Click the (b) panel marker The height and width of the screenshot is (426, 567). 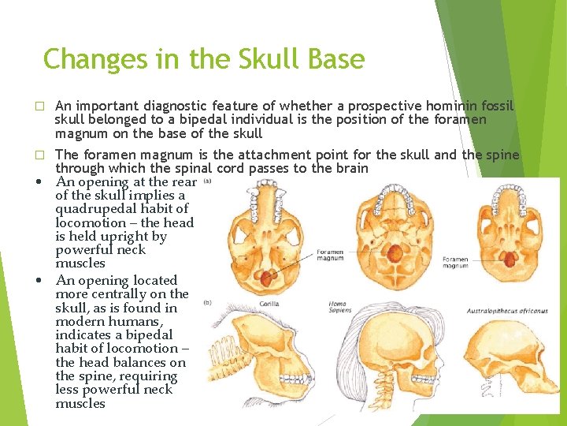tap(207, 302)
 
